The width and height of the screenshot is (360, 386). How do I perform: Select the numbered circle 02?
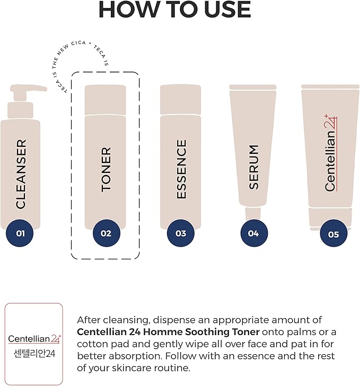[106, 233]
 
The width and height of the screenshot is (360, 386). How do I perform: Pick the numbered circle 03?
[181, 233]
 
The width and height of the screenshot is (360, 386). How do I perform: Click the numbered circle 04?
[253, 233]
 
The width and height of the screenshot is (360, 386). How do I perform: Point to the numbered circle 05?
[333, 234]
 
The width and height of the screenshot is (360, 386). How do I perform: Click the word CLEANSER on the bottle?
[21, 173]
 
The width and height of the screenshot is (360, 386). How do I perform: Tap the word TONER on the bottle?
[106, 169]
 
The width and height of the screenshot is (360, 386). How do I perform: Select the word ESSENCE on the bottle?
[181, 169]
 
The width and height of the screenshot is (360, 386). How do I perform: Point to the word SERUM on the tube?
[254, 166]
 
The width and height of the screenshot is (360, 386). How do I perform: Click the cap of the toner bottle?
[106, 99]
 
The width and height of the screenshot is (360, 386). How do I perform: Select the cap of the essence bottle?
[181, 99]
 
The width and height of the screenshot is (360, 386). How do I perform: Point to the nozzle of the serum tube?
[253, 215]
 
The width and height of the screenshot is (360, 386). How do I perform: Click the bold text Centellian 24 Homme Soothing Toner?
[168, 332]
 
